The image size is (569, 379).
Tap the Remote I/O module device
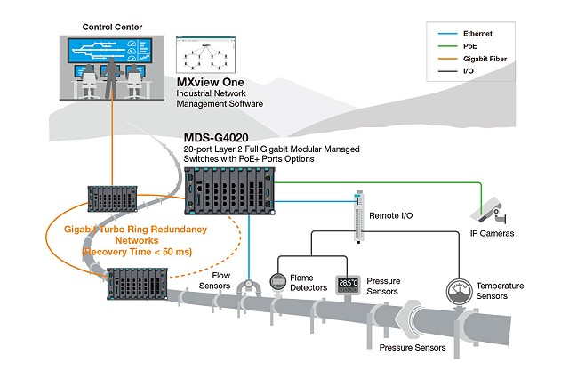pyautogui.click(x=358, y=216)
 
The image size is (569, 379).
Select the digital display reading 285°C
pyautogui.click(x=346, y=284)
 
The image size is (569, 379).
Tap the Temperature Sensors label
pyautogui.click(x=499, y=291)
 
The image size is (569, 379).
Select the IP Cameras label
pyautogui.click(x=492, y=233)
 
